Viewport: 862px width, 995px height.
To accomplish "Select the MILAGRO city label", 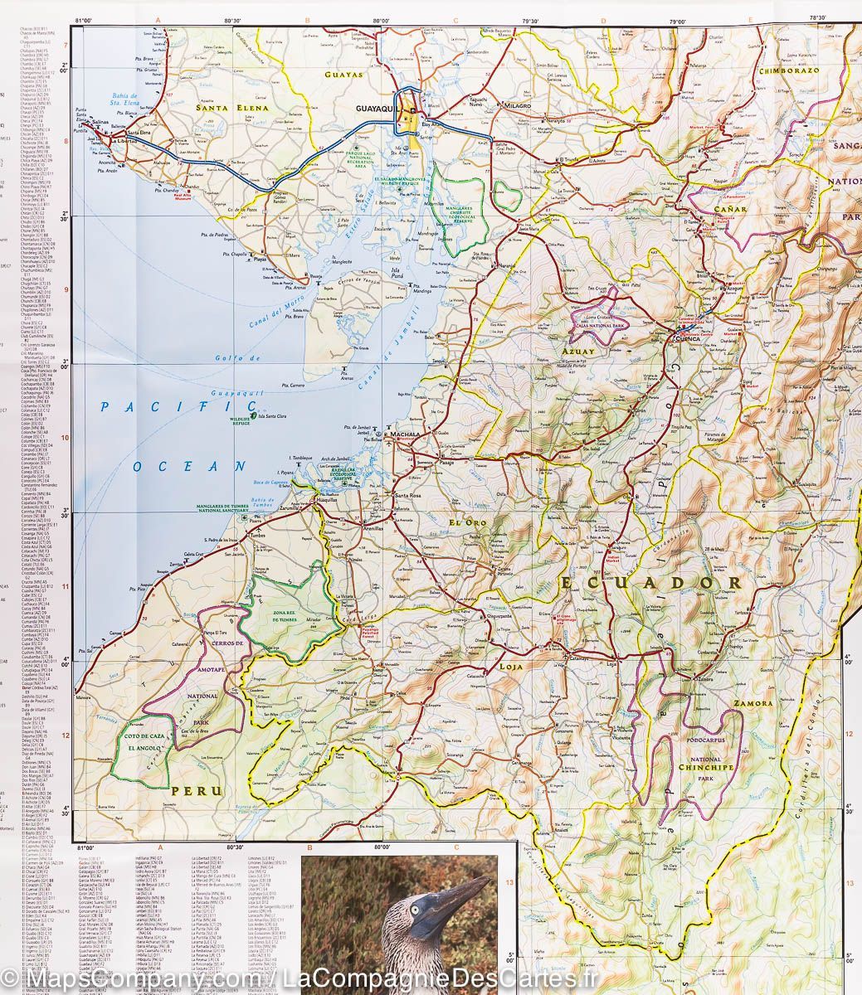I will (x=512, y=108).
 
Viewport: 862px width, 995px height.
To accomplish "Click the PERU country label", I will (x=197, y=791).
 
